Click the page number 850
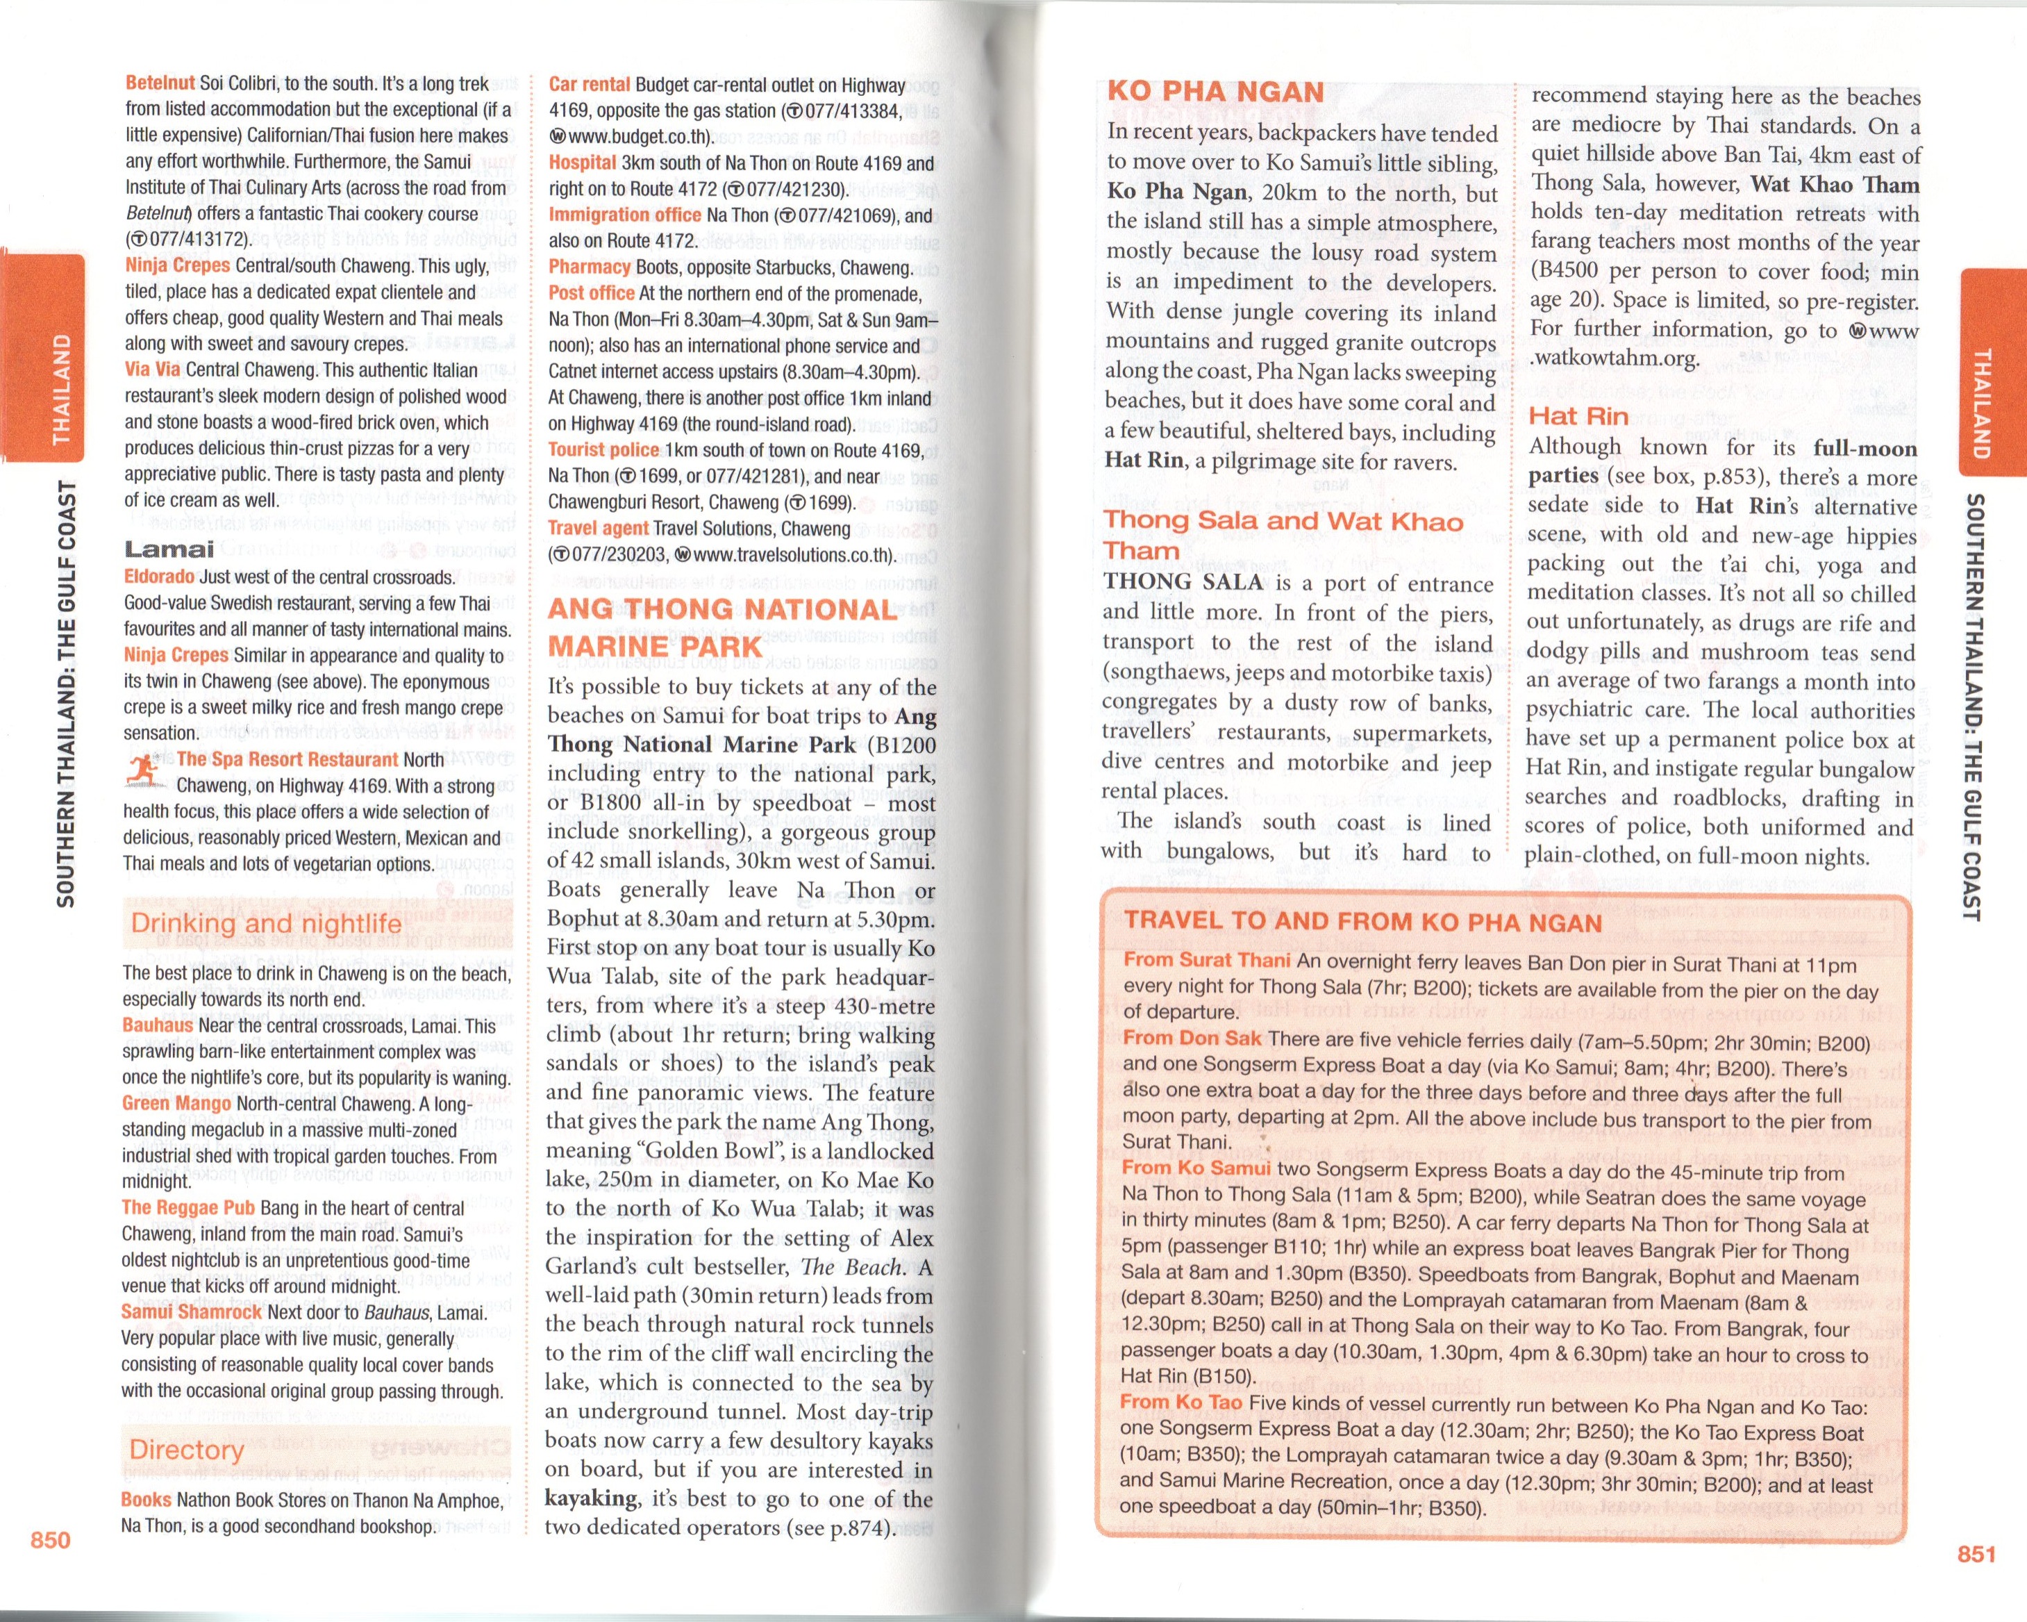click(x=51, y=1539)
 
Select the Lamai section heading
click(x=169, y=549)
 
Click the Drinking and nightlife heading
click(x=266, y=923)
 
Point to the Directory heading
click(x=186, y=1449)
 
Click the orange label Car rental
click(x=589, y=85)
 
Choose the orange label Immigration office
click(x=624, y=215)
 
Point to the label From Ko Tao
click(x=1181, y=1402)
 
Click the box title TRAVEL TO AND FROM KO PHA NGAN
click(x=1362, y=922)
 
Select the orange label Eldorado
click(x=159, y=577)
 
